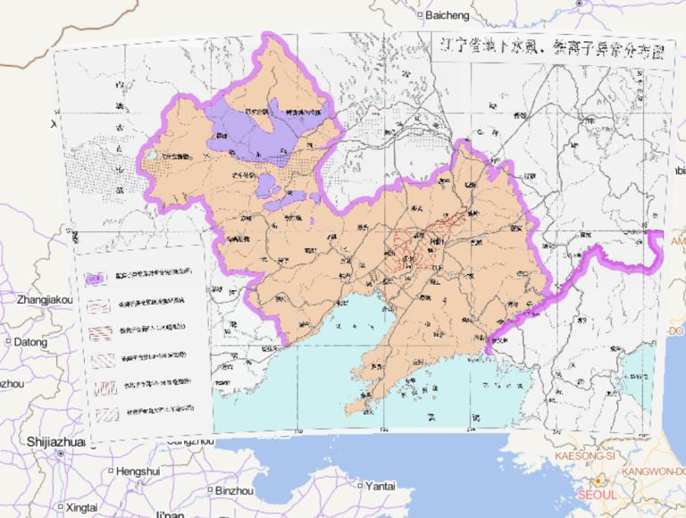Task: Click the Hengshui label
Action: click(x=137, y=471)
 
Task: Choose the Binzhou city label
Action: click(x=234, y=489)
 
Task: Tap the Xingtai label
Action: click(x=81, y=506)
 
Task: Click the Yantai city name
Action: click(x=381, y=486)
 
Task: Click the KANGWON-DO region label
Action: click(x=656, y=471)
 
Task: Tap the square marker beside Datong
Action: click(x=6, y=341)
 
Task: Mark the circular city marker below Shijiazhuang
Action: click(x=59, y=454)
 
